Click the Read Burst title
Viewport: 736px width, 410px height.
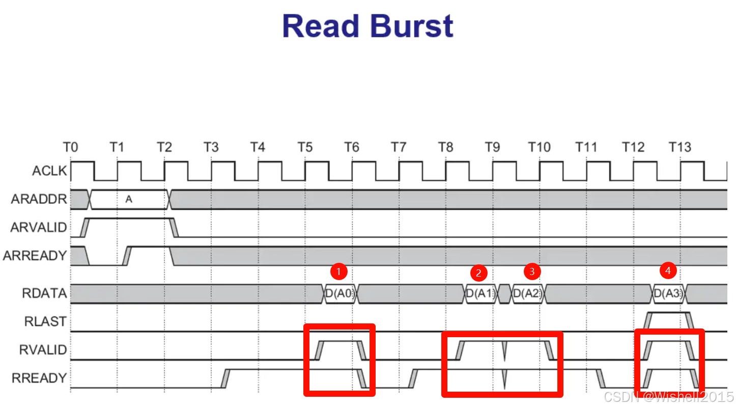tap(367, 26)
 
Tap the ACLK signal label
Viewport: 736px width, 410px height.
tap(49, 171)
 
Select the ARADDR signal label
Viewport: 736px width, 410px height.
tap(39, 199)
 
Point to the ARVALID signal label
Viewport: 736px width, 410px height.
tap(39, 227)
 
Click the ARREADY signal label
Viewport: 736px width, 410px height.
tap(35, 256)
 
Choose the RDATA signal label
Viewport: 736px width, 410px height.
tap(44, 293)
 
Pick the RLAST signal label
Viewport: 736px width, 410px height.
tap(45, 321)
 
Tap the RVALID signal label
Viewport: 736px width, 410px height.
tap(43, 350)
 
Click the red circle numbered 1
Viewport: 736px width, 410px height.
tap(339, 271)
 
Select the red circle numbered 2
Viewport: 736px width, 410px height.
tap(478, 273)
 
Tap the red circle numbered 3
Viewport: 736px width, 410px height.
tap(532, 271)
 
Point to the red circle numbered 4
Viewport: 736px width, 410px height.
tap(668, 270)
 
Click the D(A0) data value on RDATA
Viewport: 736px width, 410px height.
tap(340, 294)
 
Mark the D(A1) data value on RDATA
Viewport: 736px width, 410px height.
tap(480, 294)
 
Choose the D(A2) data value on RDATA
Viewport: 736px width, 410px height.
tap(527, 294)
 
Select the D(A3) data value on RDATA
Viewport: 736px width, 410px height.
tap(668, 294)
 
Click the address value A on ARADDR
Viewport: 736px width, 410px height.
tap(129, 200)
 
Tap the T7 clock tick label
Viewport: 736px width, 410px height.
tap(398, 148)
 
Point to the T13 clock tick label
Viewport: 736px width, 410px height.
tap(680, 148)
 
